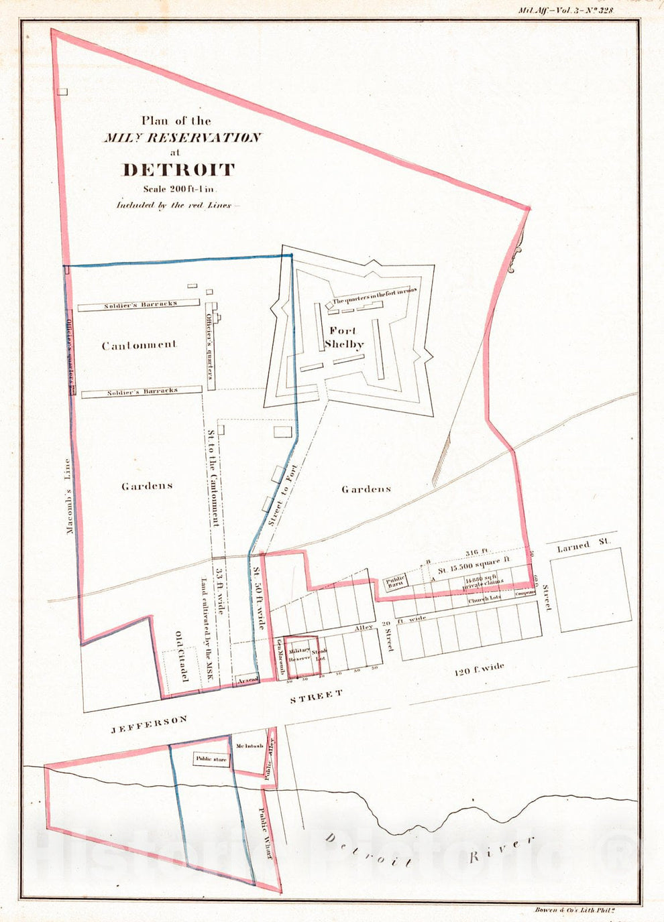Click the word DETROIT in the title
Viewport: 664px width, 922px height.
pyautogui.click(x=178, y=170)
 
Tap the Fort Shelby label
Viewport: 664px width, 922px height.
pyautogui.click(x=343, y=338)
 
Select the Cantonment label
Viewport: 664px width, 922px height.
pyautogui.click(x=139, y=345)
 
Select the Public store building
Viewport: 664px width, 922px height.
pyautogui.click(x=211, y=760)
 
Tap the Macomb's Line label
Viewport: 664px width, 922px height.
pyautogui.click(x=69, y=496)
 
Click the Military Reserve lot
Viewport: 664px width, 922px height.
pyautogui.click(x=299, y=654)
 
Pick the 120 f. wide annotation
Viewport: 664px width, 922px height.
pyautogui.click(x=479, y=671)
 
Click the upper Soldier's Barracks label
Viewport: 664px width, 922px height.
pyautogui.click(x=140, y=304)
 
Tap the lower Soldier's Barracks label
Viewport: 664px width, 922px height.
pyautogui.click(x=142, y=391)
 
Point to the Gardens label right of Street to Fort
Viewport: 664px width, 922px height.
pyautogui.click(x=366, y=489)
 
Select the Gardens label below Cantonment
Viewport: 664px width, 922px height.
pyautogui.click(x=147, y=486)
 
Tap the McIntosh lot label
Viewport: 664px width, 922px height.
pyautogui.click(x=248, y=746)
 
